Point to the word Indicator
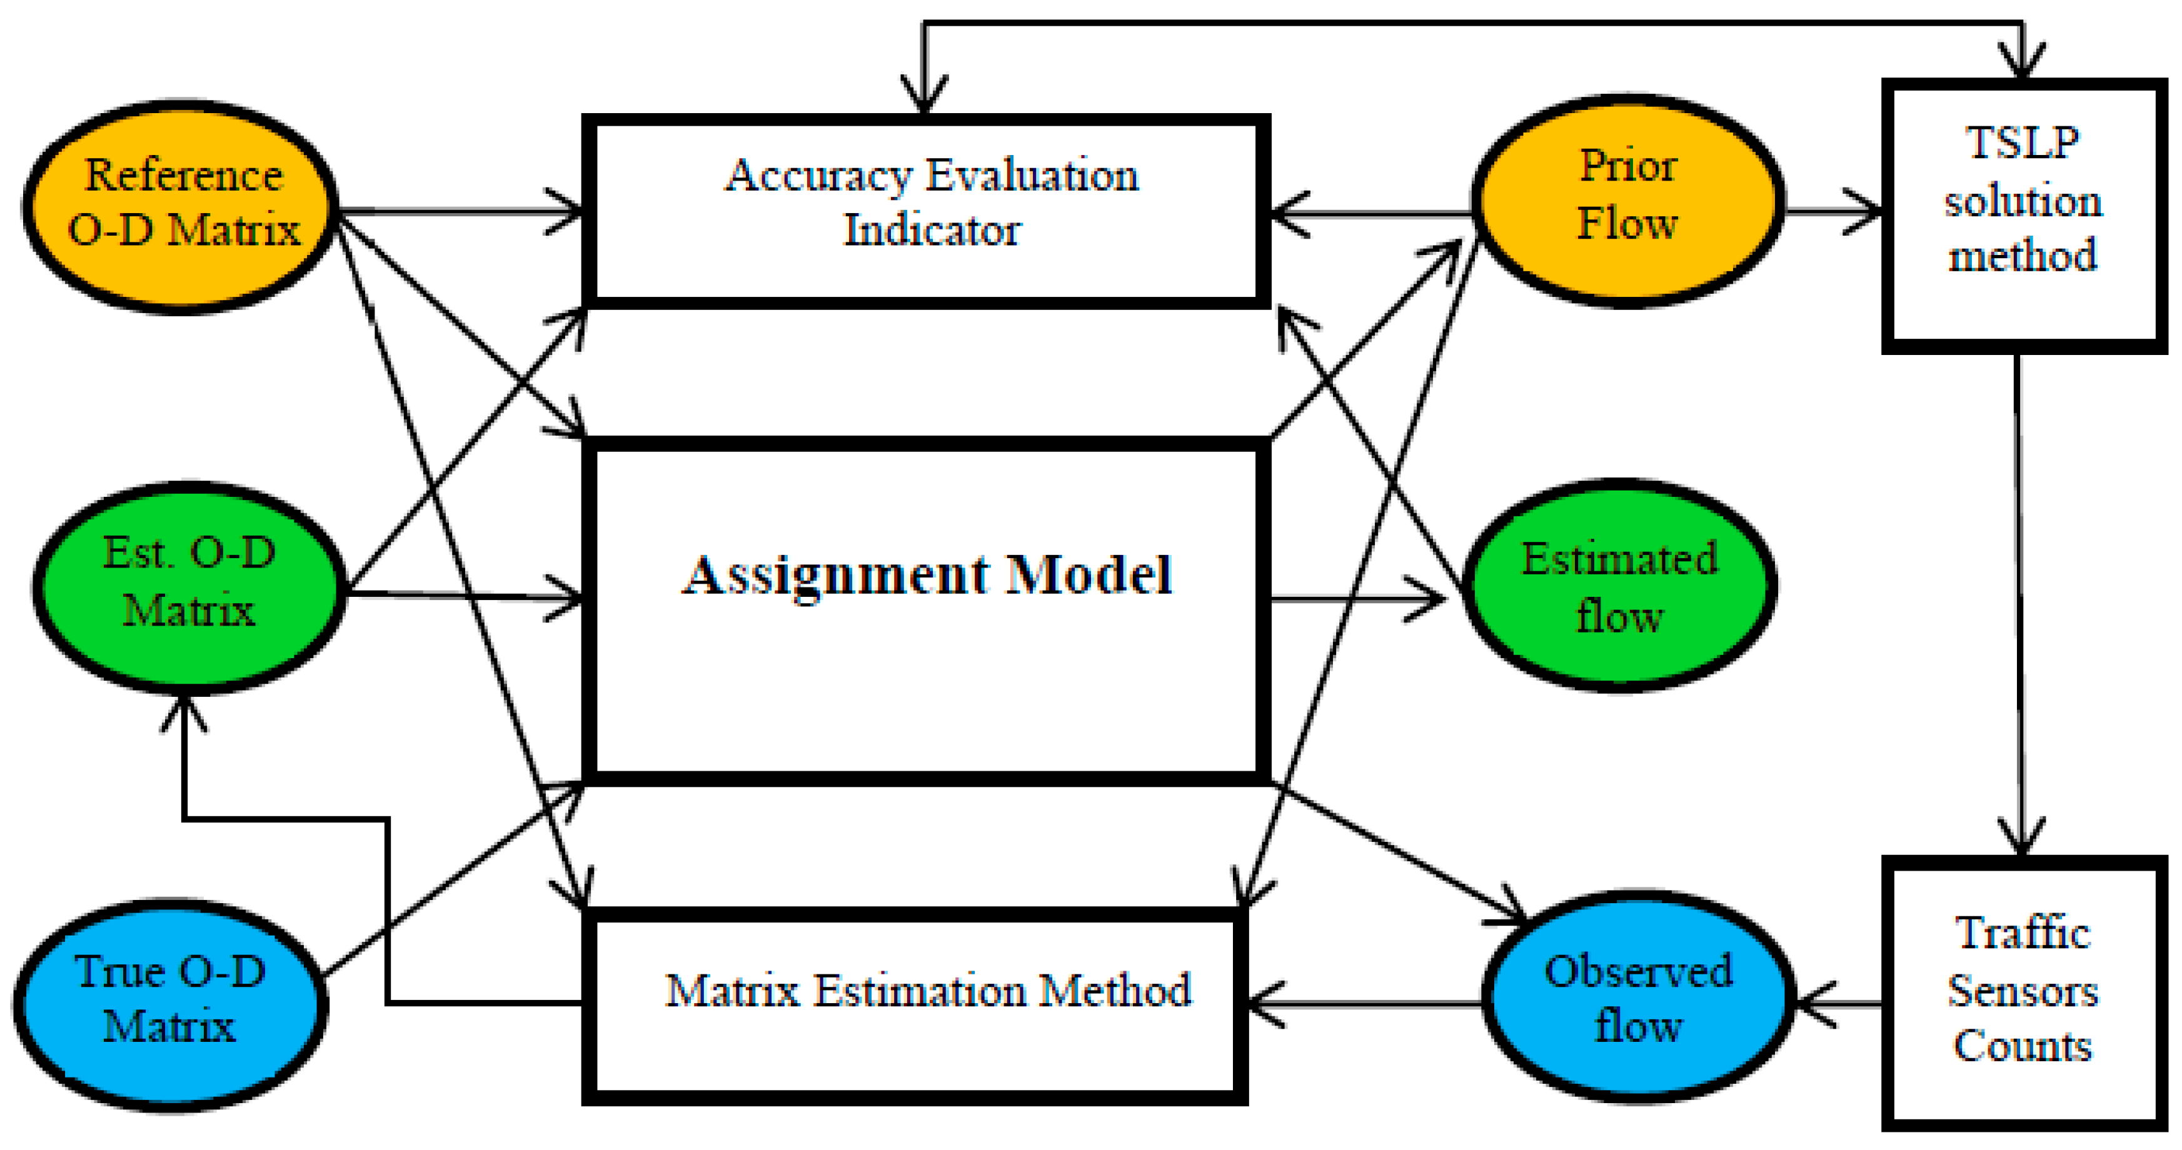point(932,231)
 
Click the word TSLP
point(2022,142)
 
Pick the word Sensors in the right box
point(2023,991)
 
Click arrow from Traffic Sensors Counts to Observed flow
point(1838,1004)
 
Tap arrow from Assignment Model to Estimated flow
point(1355,599)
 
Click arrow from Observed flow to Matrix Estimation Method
point(1364,1004)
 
